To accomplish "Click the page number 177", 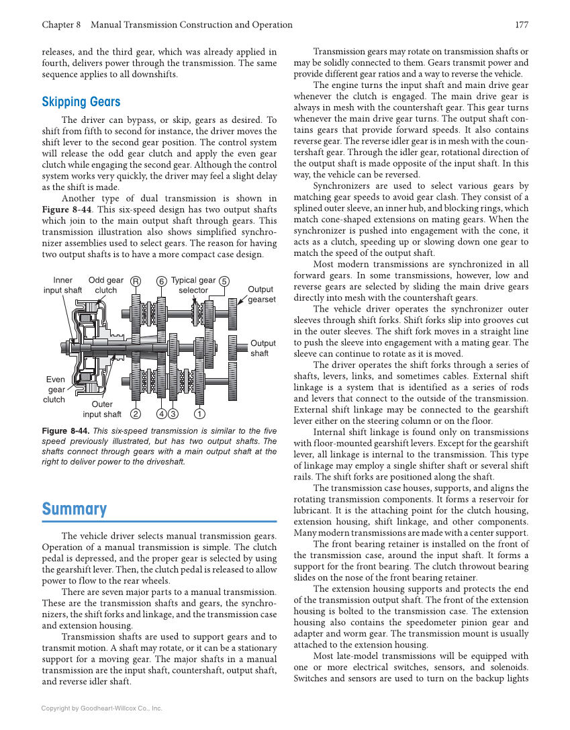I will [x=521, y=25].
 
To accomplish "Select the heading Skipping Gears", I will [x=81, y=102].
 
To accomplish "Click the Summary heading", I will [x=74, y=509].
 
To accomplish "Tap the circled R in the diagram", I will [x=136, y=281].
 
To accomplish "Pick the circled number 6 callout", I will [x=162, y=281].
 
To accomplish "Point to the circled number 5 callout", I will [x=224, y=281].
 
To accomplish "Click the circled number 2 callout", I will [x=136, y=414].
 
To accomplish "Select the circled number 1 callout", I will [x=199, y=414].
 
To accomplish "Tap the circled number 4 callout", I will [x=162, y=414].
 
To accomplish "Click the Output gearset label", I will [x=261, y=294].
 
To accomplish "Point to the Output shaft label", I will [x=263, y=348].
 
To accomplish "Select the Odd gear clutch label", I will [x=106, y=285].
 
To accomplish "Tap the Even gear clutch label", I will [x=55, y=390].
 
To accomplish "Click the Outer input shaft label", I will [x=102, y=409].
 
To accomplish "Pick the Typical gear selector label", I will [x=193, y=285].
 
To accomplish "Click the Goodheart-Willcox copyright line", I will [x=101, y=708].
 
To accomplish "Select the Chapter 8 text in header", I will [x=61, y=25].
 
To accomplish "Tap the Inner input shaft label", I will [x=62, y=285].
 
